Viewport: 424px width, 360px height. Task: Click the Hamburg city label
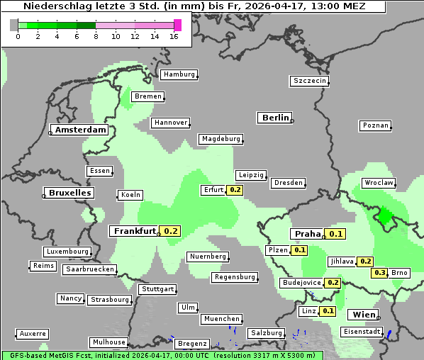point(179,74)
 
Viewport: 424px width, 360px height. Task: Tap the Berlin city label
point(275,118)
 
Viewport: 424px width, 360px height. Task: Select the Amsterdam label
point(80,130)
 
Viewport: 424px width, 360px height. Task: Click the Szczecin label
point(309,81)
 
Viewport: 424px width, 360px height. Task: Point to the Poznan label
point(375,125)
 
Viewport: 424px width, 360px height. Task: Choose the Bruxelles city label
point(69,193)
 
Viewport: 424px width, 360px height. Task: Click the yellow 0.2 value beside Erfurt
point(235,190)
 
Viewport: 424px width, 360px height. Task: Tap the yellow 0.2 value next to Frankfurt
point(171,231)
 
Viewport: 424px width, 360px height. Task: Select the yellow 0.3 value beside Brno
point(380,273)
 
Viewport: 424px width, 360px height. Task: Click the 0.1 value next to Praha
point(335,234)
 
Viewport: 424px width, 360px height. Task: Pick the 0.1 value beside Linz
point(328,311)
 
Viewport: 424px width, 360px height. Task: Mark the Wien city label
point(363,315)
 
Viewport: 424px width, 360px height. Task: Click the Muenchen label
point(221,320)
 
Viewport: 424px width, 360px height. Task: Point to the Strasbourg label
point(110,300)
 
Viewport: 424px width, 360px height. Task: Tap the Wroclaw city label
point(378,183)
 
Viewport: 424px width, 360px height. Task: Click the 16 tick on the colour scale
point(174,36)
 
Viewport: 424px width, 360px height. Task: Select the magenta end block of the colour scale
point(177,25)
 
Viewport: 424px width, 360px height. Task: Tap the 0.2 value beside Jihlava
point(366,261)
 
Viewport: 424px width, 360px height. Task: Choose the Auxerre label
point(33,333)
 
